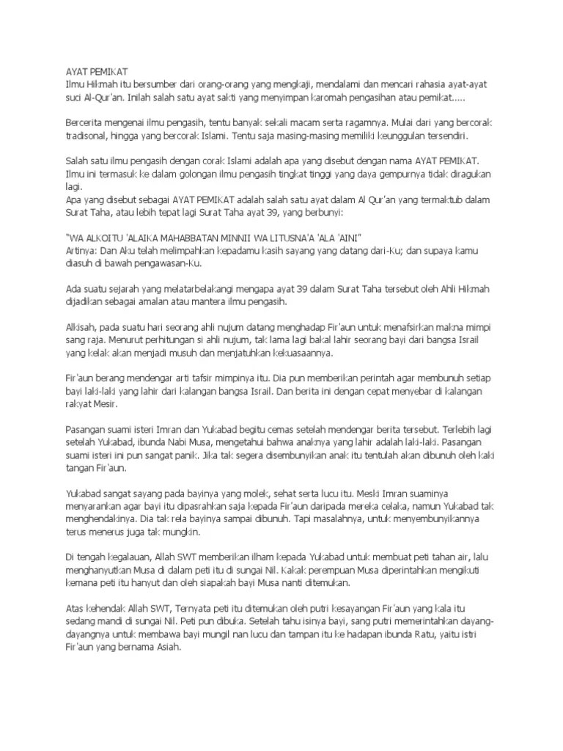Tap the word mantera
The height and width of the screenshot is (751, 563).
pos(195,302)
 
